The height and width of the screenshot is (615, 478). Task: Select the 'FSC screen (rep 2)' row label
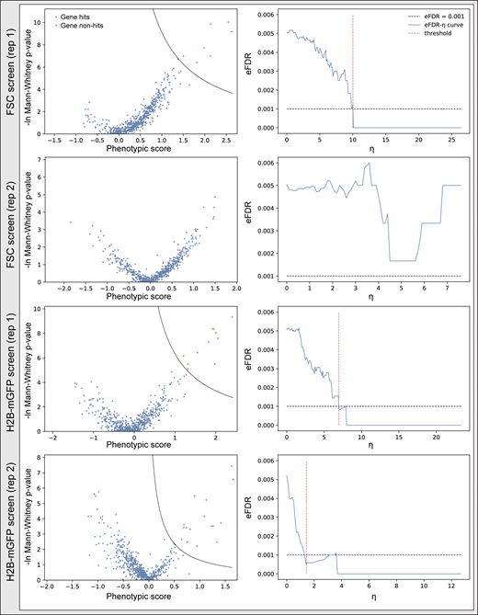[x=12, y=222]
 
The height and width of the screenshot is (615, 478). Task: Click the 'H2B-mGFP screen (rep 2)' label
[x=12, y=519]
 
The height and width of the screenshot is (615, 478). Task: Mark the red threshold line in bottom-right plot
[x=306, y=515]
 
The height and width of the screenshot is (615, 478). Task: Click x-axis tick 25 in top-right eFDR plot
[x=450, y=139]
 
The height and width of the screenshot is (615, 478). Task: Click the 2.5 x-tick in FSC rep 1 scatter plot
[x=225, y=139]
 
